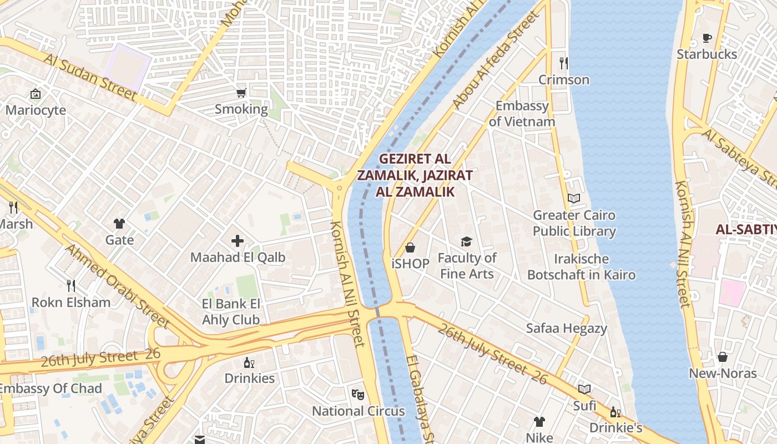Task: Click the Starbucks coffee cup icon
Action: tap(707, 38)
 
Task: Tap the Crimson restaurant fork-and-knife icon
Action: tap(564, 63)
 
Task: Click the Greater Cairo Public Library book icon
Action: tap(574, 198)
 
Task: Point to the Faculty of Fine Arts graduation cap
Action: tap(466, 241)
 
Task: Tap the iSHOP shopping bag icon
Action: tap(410, 247)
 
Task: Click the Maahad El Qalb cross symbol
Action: tap(238, 241)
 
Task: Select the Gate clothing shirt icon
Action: tap(119, 224)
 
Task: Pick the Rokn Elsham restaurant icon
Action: tap(71, 286)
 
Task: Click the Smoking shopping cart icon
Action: tap(241, 93)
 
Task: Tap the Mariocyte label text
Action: tap(36, 110)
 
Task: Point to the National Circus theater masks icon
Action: tap(358, 395)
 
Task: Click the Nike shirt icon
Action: tap(539, 422)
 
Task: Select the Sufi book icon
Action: tap(584, 389)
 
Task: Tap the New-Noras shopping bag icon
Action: tap(723, 357)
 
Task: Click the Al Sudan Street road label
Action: tap(89, 77)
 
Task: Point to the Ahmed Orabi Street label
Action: tap(117, 285)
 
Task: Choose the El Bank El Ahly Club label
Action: tap(231, 312)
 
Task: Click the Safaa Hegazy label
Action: tap(567, 328)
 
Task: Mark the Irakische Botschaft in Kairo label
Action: tap(581, 267)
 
